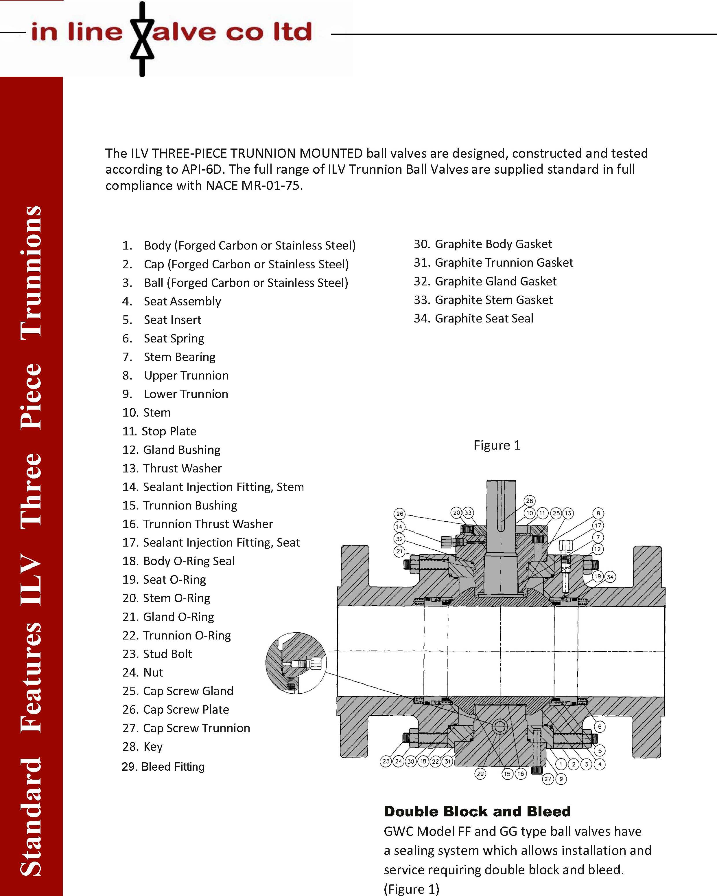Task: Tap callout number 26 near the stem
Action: [x=399, y=514]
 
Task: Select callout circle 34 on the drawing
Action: [x=610, y=577]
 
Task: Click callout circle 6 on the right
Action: [x=600, y=726]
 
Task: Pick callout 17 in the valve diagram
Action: [x=598, y=525]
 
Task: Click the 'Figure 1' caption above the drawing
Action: [x=497, y=445]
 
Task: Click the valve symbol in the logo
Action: [x=142, y=39]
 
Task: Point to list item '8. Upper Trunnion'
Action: [x=176, y=375]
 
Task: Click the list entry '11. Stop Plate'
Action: [x=159, y=431]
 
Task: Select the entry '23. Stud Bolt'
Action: [x=157, y=654]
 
